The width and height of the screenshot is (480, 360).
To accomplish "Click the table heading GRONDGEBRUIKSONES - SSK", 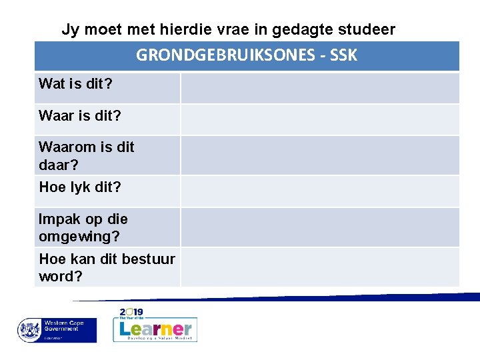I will point(247,55).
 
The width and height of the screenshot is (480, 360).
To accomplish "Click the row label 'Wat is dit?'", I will point(75,84).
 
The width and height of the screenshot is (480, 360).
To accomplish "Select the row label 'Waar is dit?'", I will point(80,115).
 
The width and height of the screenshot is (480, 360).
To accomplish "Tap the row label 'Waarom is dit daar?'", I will point(86,155).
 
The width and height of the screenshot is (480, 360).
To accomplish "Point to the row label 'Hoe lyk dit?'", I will point(80,187).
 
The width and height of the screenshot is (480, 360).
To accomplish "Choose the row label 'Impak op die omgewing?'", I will point(83,227).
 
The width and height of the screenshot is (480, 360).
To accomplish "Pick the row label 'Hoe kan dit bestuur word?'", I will point(107,267).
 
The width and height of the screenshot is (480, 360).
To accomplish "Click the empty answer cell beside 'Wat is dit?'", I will point(320,87).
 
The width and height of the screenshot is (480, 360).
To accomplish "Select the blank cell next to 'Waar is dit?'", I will point(320,119).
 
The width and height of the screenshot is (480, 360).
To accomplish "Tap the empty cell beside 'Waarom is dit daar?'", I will point(320,155).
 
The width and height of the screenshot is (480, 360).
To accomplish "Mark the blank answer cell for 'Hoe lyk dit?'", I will point(320,191).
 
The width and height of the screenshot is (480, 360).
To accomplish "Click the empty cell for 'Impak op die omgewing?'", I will point(320,227).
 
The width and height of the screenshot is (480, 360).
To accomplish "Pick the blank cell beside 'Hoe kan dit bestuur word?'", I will point(320,267).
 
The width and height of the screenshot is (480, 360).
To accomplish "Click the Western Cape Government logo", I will point(57,330).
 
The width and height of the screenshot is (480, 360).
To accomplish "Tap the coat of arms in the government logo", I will point(29,329).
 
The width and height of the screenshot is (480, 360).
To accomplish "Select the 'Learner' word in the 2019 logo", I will point(155,328).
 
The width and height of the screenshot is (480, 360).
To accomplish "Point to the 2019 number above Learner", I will point(132,312).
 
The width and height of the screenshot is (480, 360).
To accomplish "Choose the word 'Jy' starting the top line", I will point(69,29).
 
